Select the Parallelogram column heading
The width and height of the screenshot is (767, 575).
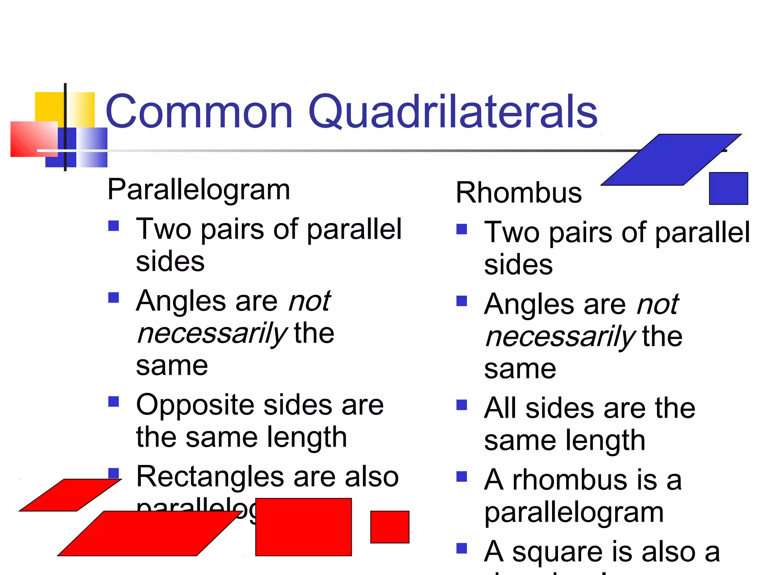[x=198, y=190]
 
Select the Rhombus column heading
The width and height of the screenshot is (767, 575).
[x=519, y=193]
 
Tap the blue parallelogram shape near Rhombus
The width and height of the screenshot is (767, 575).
[x=670, y=160]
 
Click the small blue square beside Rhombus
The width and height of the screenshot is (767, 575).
[x=728, y=188]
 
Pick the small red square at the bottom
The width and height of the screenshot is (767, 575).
[x=389, y=527]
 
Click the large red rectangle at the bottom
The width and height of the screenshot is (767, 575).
[x=303, y=527]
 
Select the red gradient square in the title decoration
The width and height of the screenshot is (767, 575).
[x=34, y=139]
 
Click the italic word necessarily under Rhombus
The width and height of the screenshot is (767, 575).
[x=560, y=337]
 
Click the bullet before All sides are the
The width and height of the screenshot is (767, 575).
[x=462, y=405]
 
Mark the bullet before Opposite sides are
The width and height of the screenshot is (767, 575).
[x=113, y=402]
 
